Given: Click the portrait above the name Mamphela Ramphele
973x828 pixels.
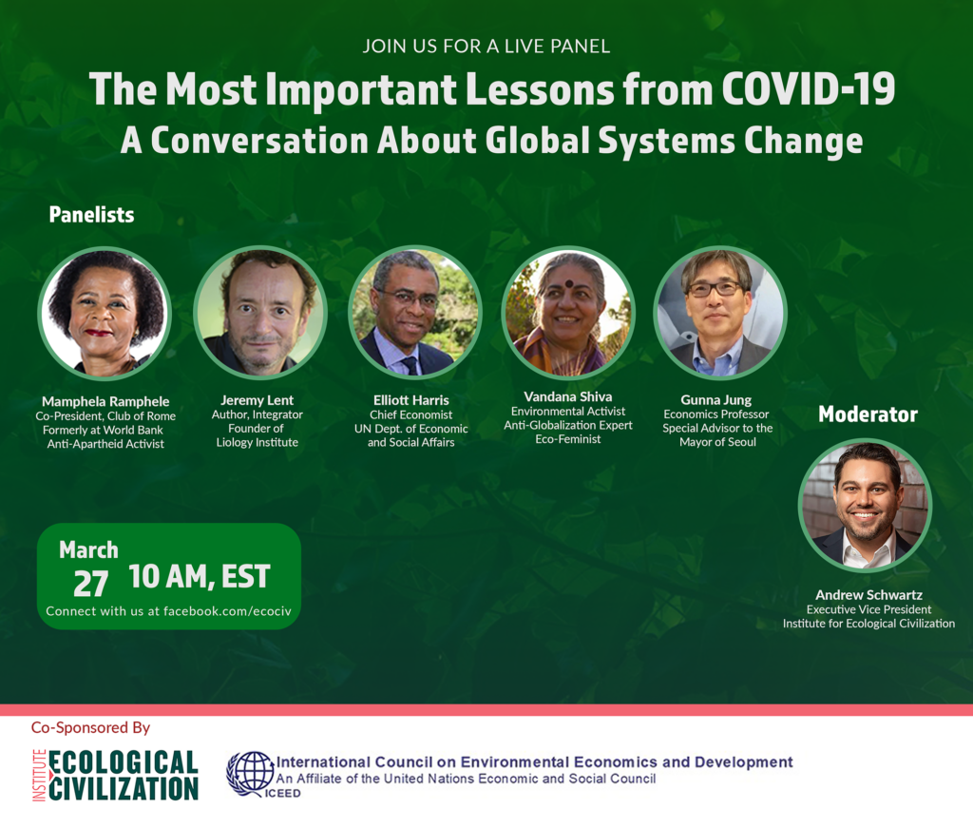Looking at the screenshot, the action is coord(105,313).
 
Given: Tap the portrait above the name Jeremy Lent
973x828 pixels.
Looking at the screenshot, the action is coord(260,312).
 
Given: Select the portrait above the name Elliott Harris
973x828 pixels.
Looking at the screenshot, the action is coord(415,312).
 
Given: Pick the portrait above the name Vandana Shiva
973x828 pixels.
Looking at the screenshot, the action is coord(568,312).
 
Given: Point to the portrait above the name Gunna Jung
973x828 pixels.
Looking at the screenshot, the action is coord(720,312).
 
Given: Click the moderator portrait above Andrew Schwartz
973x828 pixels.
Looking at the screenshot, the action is coord(865,505).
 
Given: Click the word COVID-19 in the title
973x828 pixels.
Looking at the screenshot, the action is coord(808,88).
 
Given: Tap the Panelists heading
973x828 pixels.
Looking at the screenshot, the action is coord(92,215).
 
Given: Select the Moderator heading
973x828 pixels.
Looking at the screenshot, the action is coord(868,414).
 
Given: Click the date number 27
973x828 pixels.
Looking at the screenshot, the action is coord(90,584).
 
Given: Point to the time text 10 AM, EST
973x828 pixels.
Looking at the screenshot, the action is coord(200,577).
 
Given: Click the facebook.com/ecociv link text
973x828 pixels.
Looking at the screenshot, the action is coord(227,610).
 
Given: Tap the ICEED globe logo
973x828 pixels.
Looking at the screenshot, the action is coord(251,774).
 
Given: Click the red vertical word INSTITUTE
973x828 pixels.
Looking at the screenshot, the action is coord(39,776).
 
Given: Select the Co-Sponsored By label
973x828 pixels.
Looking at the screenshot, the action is coord(90,727).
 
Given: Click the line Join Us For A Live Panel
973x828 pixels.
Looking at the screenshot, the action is coord(486,47).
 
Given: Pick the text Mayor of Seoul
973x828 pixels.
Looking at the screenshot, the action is coord(718,442).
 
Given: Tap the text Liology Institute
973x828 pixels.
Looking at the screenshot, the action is coord(257,442).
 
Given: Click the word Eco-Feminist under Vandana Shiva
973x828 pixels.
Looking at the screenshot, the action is coord(568,439).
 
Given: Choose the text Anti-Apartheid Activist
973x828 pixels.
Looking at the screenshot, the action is coord(105,444).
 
